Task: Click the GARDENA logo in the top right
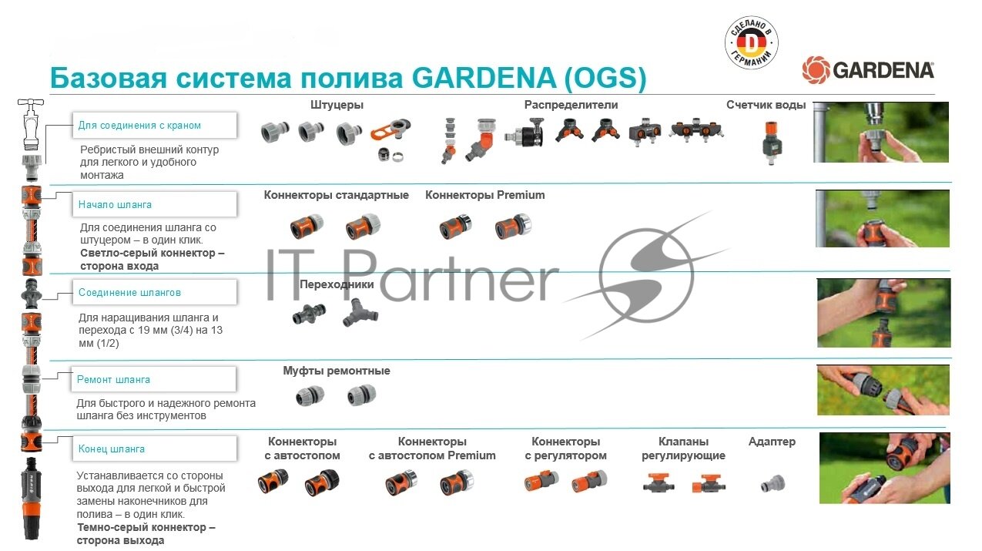click(x=868, y=70)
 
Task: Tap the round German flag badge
click(x=751, y=45)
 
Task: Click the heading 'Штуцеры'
click(x=337, y=105)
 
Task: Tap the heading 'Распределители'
click(x=571, y=105)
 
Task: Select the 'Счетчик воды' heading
click(x=766, y=105)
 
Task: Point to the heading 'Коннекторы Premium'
click(x=484, y=195)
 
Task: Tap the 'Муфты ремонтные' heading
click(x=336, y=371)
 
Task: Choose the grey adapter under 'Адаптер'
click(x=772, y=485)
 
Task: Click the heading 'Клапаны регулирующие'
click(x=683, y=449)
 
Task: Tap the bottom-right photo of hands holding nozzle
click(x=883, y=468)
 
